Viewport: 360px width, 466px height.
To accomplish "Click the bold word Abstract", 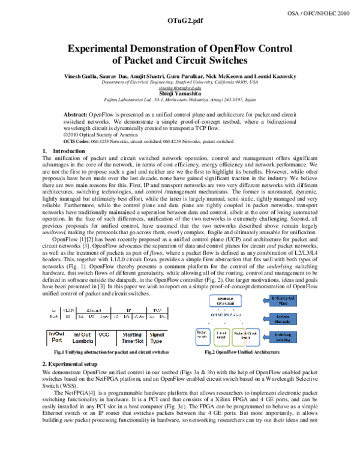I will coord(74,113).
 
